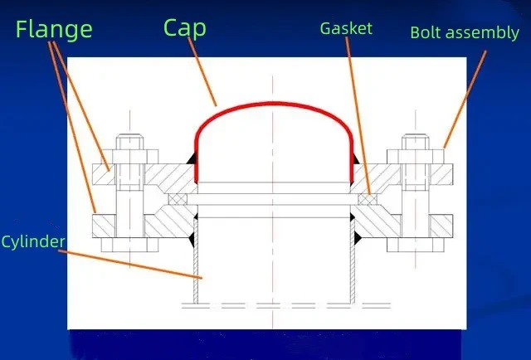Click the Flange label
click(54, 29)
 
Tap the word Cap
click(184, 28)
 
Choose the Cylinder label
click(33, 242)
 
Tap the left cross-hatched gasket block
click(177, 199)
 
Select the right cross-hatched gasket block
click(368, 199)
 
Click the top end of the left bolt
click(129, 136)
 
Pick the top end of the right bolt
click(416, 136)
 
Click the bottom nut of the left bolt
click(129, 245)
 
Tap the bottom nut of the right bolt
click(416, 245)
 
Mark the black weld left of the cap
click(192, 158)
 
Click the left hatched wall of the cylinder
click(196, 260)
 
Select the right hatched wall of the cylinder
click(353, 260)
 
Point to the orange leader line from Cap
click(202, 71)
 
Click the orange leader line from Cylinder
click(130, 265)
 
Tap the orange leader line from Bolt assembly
click(465, 100)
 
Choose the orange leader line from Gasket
click(358, 116)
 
